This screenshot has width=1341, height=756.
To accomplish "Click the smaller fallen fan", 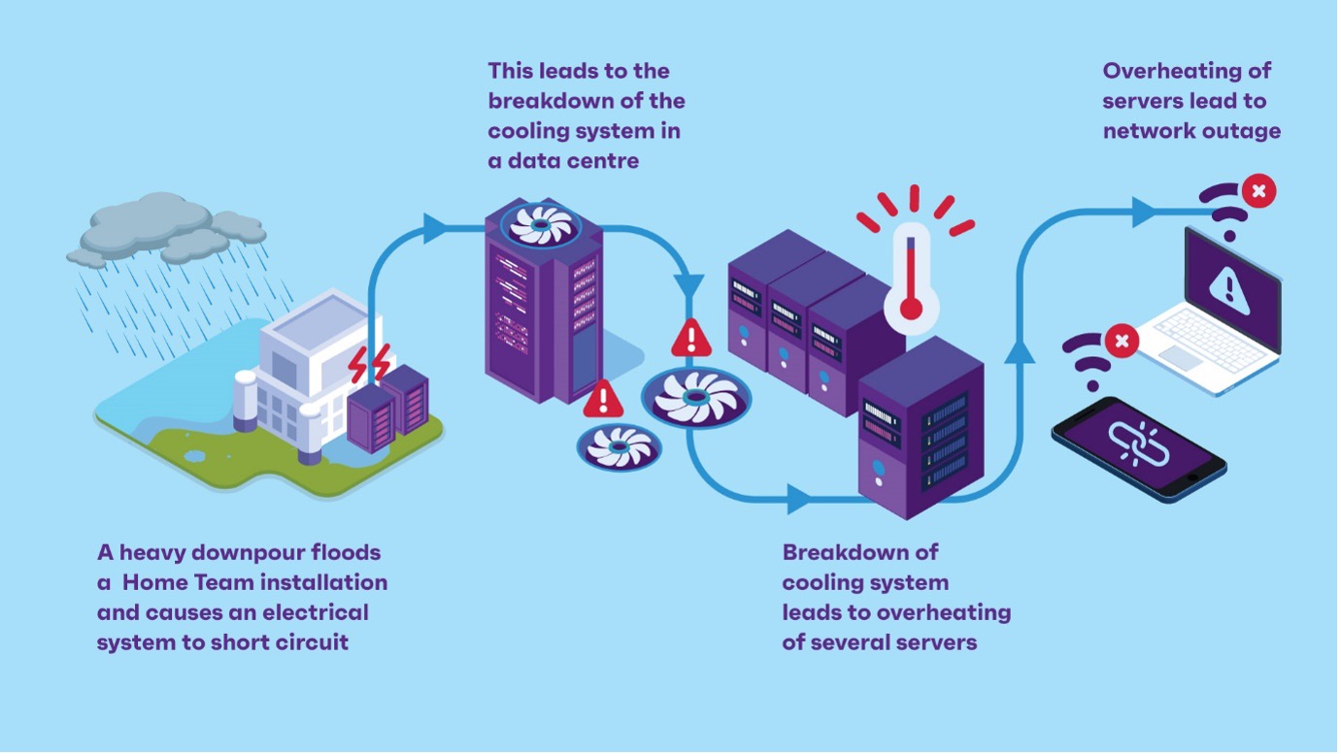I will [x=619, y=447].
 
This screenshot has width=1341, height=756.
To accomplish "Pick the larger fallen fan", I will [x=695, y=398].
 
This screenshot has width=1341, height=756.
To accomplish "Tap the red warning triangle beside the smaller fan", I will [x=604, y=398].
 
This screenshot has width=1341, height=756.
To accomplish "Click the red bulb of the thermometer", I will [x=911, y=309].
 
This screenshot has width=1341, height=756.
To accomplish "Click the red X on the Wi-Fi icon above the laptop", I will [x=1258, y=191].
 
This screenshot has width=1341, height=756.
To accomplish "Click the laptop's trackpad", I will [x=1180, y=357].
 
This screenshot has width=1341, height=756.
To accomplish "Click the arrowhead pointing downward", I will [x=688, y=285].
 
